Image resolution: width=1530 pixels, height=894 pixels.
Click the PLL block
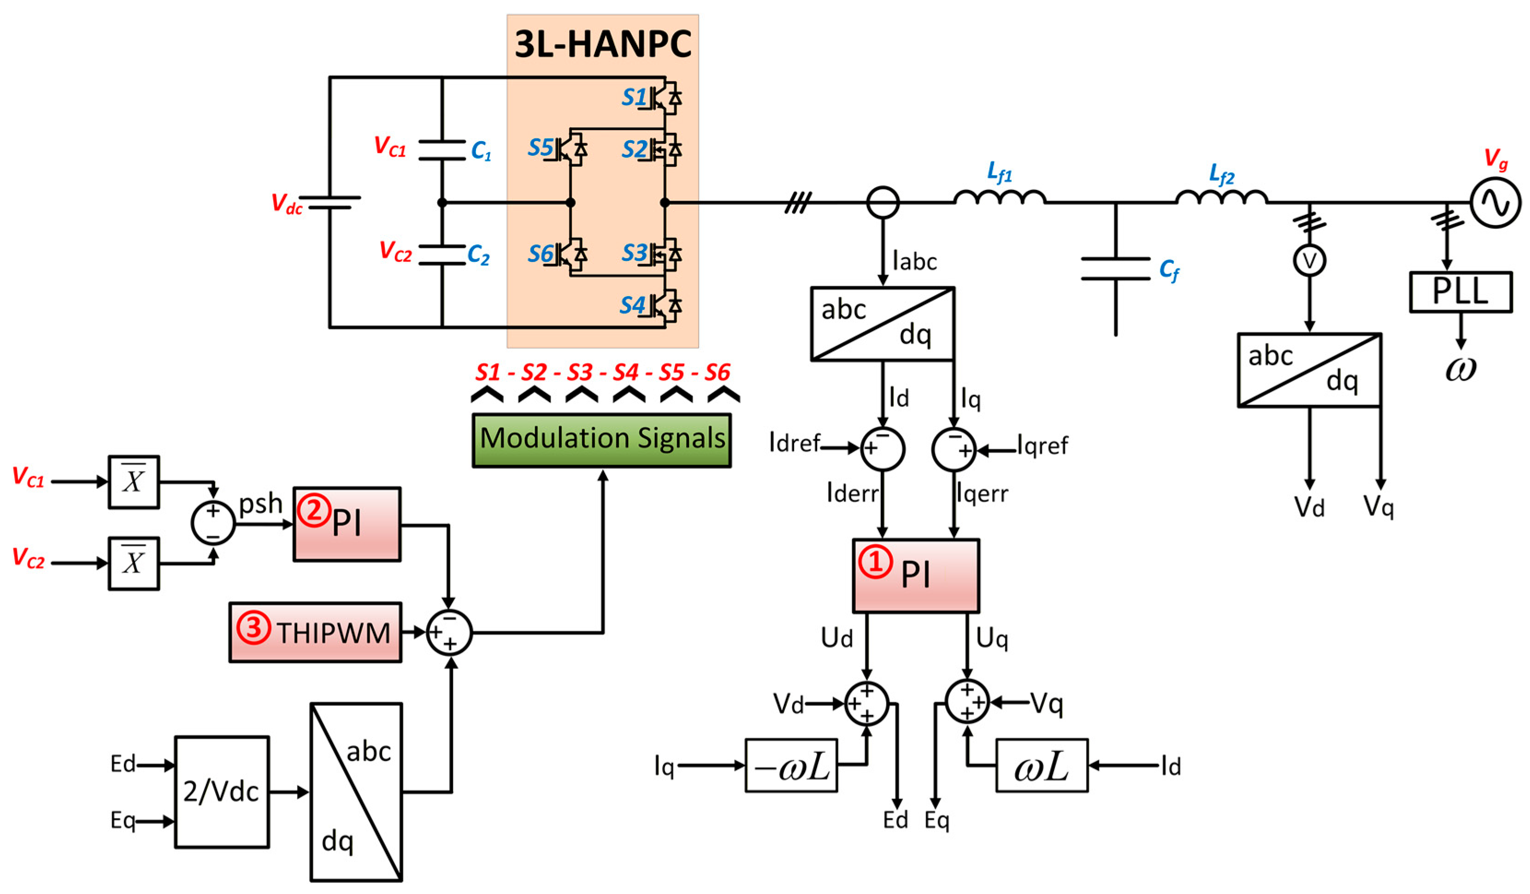1459,292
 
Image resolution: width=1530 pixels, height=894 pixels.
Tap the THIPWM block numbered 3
315,632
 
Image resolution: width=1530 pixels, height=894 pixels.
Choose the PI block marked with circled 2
347,523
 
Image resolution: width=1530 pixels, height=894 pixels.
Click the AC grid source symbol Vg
1495,202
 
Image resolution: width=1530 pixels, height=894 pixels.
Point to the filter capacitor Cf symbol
1115,268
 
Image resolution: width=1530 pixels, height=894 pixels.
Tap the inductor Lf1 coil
1000,197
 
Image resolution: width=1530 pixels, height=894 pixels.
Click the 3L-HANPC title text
602,44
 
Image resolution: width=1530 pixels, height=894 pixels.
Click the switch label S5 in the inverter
541,148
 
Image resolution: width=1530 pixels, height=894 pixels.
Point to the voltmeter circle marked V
1310,261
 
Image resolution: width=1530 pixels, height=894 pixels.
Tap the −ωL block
791,765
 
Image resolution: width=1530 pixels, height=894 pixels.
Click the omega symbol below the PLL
1459,369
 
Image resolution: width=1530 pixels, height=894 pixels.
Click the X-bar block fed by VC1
134,482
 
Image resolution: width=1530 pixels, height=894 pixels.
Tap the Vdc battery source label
286,203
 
